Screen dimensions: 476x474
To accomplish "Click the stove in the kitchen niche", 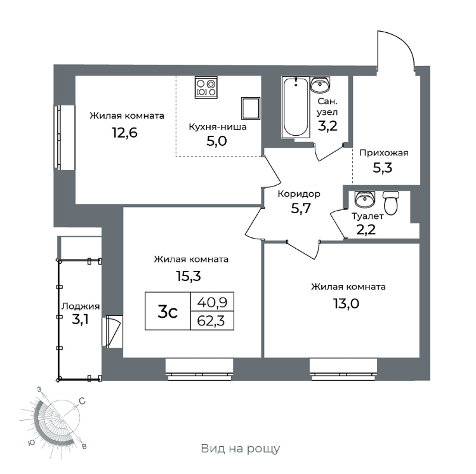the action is (x=206, y=87).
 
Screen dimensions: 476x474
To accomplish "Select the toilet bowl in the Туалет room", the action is (x=391, y=203).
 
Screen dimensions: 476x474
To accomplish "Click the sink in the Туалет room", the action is (x=364, y=200).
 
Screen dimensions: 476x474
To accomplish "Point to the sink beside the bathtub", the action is (x=320, y=84).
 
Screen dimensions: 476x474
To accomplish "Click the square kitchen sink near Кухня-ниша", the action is (x=251, y=108).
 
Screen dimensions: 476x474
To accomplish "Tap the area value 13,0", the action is (x=343, y=303).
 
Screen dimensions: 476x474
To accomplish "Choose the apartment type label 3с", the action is (x=168, y=312).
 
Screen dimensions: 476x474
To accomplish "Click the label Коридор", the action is (x=299, y=194).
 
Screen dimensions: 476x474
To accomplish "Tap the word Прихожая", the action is (x=383, y=152).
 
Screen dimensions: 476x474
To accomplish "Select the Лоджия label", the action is (x=79, y=305).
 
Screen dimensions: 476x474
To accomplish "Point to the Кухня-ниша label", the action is (x=218, y=126).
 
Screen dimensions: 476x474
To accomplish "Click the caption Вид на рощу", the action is (x=241, y=449).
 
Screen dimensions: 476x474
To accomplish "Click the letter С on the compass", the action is (x=82, y=400).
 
